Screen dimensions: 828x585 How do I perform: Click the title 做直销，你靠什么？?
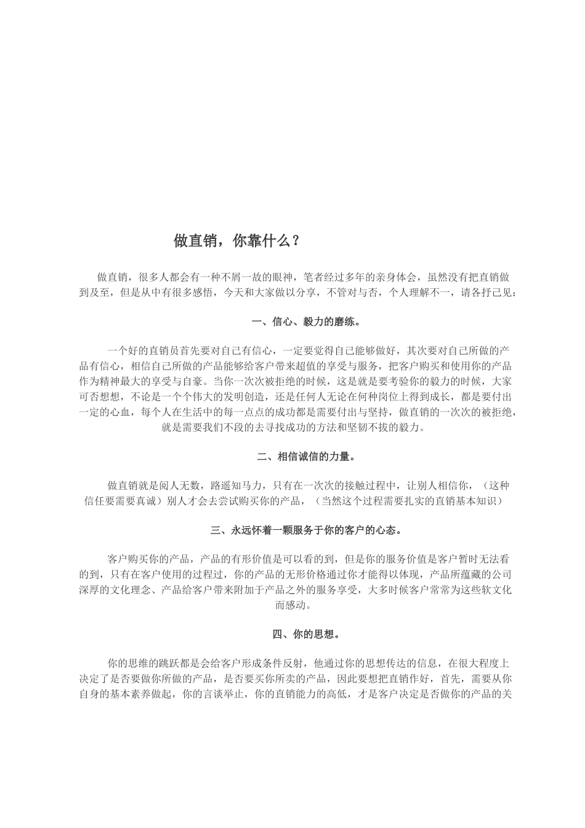(x=237, y=241)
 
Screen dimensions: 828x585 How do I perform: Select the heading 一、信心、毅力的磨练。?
(x=306, y=322)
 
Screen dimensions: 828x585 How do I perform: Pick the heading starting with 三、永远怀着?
(x=306, y=530)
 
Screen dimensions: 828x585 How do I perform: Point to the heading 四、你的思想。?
(x=306, y=634)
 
